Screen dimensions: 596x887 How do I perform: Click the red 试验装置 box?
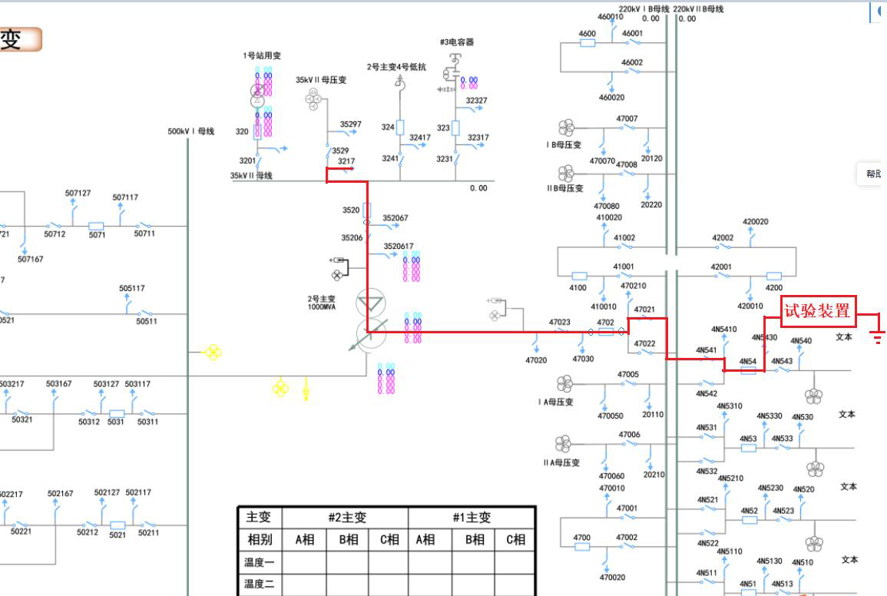(x=818, y=311)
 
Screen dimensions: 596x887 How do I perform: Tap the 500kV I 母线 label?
(x=191, y=131)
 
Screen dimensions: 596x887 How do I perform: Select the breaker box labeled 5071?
(x=96, y=226)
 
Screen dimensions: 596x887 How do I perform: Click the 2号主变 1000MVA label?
(x=322, y=303)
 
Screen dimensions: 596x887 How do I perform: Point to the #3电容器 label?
(x=457, y=42)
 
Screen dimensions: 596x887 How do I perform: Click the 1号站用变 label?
(x=263, y=56)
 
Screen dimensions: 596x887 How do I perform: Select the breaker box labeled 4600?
(x=587, y=43)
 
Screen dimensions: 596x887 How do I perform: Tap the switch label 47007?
(x=627, y=119)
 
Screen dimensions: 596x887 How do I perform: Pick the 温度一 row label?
(x=260, y=562)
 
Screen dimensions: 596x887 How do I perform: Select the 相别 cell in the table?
(x=260, y=540)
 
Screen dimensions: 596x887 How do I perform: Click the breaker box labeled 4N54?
(x=748, y=370)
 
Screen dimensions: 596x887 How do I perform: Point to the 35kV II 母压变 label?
(x=321, y=80)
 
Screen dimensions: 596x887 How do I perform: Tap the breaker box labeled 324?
(x=400, y=127)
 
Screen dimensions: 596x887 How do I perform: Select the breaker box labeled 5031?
(x=116, y=413)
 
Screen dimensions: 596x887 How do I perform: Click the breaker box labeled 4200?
(x=773, y=276)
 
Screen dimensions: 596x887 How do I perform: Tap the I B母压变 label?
(x=564, y=144)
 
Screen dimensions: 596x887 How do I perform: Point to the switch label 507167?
(x=31, y=260)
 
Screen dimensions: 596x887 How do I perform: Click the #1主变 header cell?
(x=471, y=518)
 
